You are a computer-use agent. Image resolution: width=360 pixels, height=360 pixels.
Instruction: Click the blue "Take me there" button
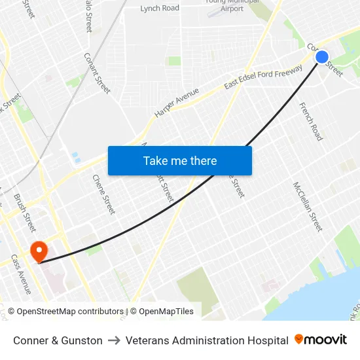[180, 160]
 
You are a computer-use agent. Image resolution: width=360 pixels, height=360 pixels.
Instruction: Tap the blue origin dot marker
[322, 57]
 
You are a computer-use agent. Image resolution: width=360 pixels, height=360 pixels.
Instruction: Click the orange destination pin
[39, 251]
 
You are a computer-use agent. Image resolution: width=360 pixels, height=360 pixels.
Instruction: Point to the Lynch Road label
[160, 8]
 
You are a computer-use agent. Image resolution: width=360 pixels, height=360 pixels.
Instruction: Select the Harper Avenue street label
[177, 103]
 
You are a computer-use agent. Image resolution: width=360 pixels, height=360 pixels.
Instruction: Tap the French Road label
[311, 121]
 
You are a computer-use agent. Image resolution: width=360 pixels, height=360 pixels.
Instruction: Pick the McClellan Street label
[308, 206]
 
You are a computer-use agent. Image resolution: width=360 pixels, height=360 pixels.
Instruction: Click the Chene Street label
[104, 194]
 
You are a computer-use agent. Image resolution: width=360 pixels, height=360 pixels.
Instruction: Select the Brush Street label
[25, 213]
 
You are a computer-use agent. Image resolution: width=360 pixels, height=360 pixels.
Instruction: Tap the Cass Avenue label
[21, 274]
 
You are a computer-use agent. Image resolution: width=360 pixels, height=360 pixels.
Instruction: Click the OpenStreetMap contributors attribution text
[70, 312]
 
